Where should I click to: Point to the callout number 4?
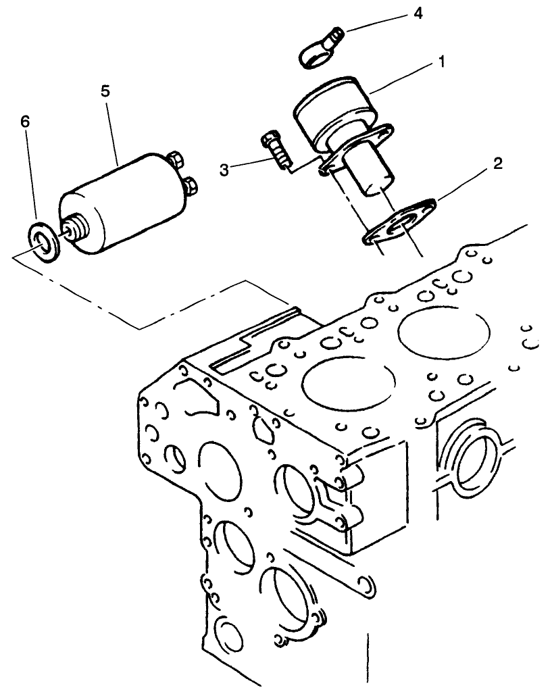point(418,14)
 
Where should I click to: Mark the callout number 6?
point(25,122)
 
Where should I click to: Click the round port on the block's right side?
point(476,463)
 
